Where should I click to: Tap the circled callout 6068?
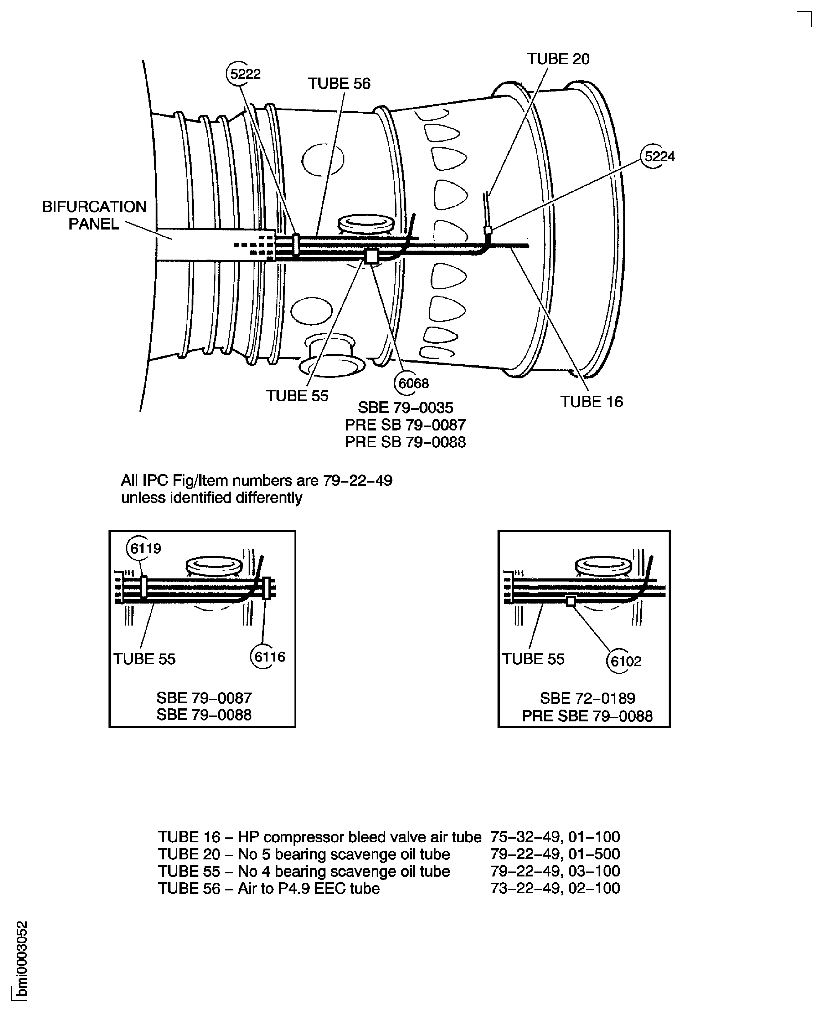(409, 383)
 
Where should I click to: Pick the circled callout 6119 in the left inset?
(142, 548)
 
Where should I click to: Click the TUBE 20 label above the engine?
(558, 59)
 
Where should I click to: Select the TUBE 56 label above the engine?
(339, 83)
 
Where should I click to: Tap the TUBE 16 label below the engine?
(592, 402)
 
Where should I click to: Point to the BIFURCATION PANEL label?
(94, 215)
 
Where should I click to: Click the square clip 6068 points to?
(372, 256)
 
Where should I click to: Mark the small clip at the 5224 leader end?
(487, 230)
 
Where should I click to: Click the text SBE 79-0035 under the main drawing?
(405, 407)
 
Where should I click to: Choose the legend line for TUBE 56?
(389, 888)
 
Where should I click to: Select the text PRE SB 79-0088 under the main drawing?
(405, 442)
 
